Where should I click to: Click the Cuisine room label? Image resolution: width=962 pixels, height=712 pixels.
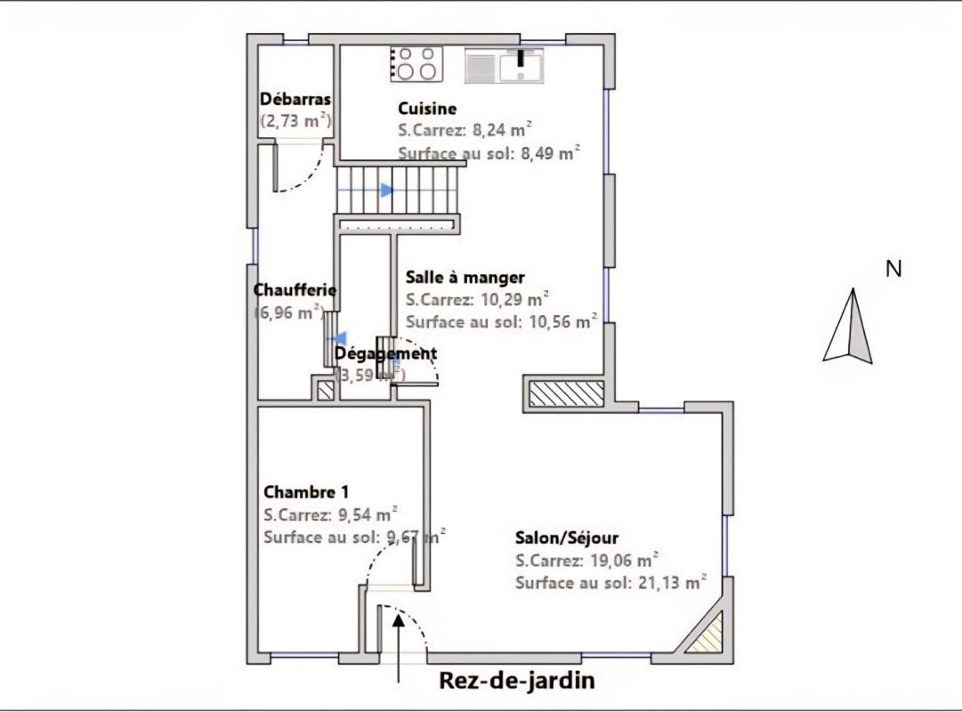[x=427, y=109]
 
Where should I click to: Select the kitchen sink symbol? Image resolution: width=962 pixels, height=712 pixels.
[x=504, y=66]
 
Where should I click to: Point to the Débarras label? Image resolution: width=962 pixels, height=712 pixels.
[x=295, y=100]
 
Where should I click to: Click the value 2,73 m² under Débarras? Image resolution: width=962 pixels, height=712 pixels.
[x=296, y=120]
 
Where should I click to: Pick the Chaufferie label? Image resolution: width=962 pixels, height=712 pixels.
[x=295, y=290]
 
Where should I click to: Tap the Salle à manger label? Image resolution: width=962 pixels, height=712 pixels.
[x=465, y=277]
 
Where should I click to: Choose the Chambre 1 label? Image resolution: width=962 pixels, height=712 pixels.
[x=306, y=492]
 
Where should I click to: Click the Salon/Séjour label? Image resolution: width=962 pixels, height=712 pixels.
[x=567, y=538]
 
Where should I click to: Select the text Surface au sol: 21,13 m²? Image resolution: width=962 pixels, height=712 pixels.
[x=610, y=583]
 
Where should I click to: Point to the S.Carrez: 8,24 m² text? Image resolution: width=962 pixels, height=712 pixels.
[x=465, y=130]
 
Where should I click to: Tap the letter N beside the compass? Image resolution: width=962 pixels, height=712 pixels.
[x=893, y=269]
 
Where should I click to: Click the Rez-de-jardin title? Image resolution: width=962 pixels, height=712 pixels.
[x=517, y=681]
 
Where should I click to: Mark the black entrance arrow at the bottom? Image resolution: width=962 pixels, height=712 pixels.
[x=399, y=645]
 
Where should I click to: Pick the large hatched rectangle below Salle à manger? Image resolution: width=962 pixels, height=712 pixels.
[x=566, y=393]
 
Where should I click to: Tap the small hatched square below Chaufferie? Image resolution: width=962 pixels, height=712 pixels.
[x=325, y=391]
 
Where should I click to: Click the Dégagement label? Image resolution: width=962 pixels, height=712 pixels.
[x=385, y=353]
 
